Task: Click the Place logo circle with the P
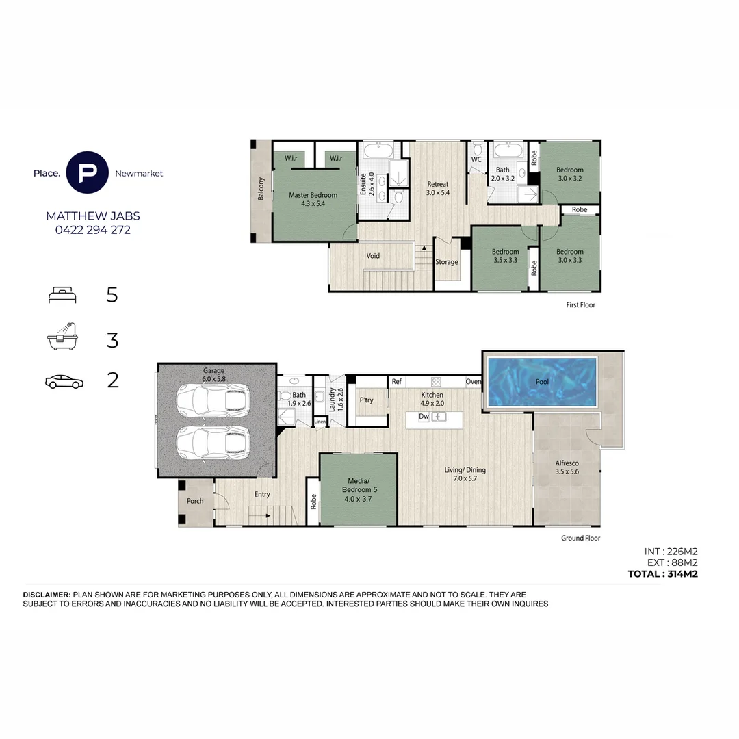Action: point(88,173)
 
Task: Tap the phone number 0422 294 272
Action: point(92,230)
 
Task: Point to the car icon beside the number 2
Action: point(64,382)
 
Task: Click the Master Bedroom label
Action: point(313,199)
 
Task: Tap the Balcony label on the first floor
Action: point(261,189)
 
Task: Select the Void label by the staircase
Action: point(373,256)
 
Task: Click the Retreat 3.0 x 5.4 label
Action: point(438,188)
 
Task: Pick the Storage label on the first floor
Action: point(447,262)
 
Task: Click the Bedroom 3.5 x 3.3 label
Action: point(506,255)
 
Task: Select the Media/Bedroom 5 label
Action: point(358,493)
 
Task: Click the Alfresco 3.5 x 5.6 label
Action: point(567,467)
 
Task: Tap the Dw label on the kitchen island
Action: point(424,416)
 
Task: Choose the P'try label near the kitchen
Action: point(366,400)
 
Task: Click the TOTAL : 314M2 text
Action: point(662,574)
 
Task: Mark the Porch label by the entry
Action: point(195,501)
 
